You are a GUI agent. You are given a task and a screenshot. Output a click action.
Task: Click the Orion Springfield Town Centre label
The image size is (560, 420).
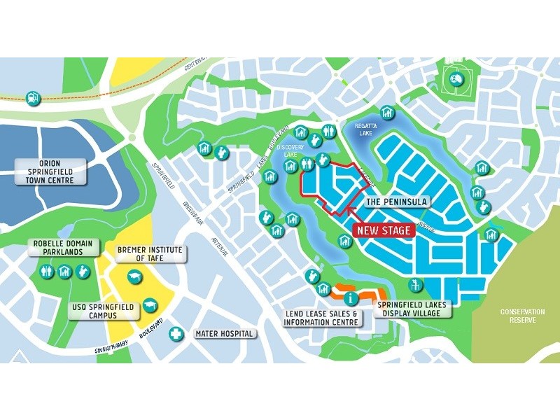51,171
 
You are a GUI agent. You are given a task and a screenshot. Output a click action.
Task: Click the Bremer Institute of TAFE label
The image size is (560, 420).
149,253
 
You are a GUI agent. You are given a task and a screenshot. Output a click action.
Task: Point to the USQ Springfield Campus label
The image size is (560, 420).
104,310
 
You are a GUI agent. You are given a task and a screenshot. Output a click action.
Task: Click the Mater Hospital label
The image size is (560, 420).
223,333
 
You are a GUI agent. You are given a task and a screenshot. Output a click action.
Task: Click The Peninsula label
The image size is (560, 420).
396,202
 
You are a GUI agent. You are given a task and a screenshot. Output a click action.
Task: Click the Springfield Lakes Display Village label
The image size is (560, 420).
410,309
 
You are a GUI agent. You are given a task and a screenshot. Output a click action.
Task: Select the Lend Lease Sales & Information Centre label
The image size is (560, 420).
321,318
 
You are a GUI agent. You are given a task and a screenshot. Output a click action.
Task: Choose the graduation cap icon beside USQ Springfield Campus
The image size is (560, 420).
149,306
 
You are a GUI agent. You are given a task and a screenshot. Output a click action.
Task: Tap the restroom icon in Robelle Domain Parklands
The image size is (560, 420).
48,269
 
